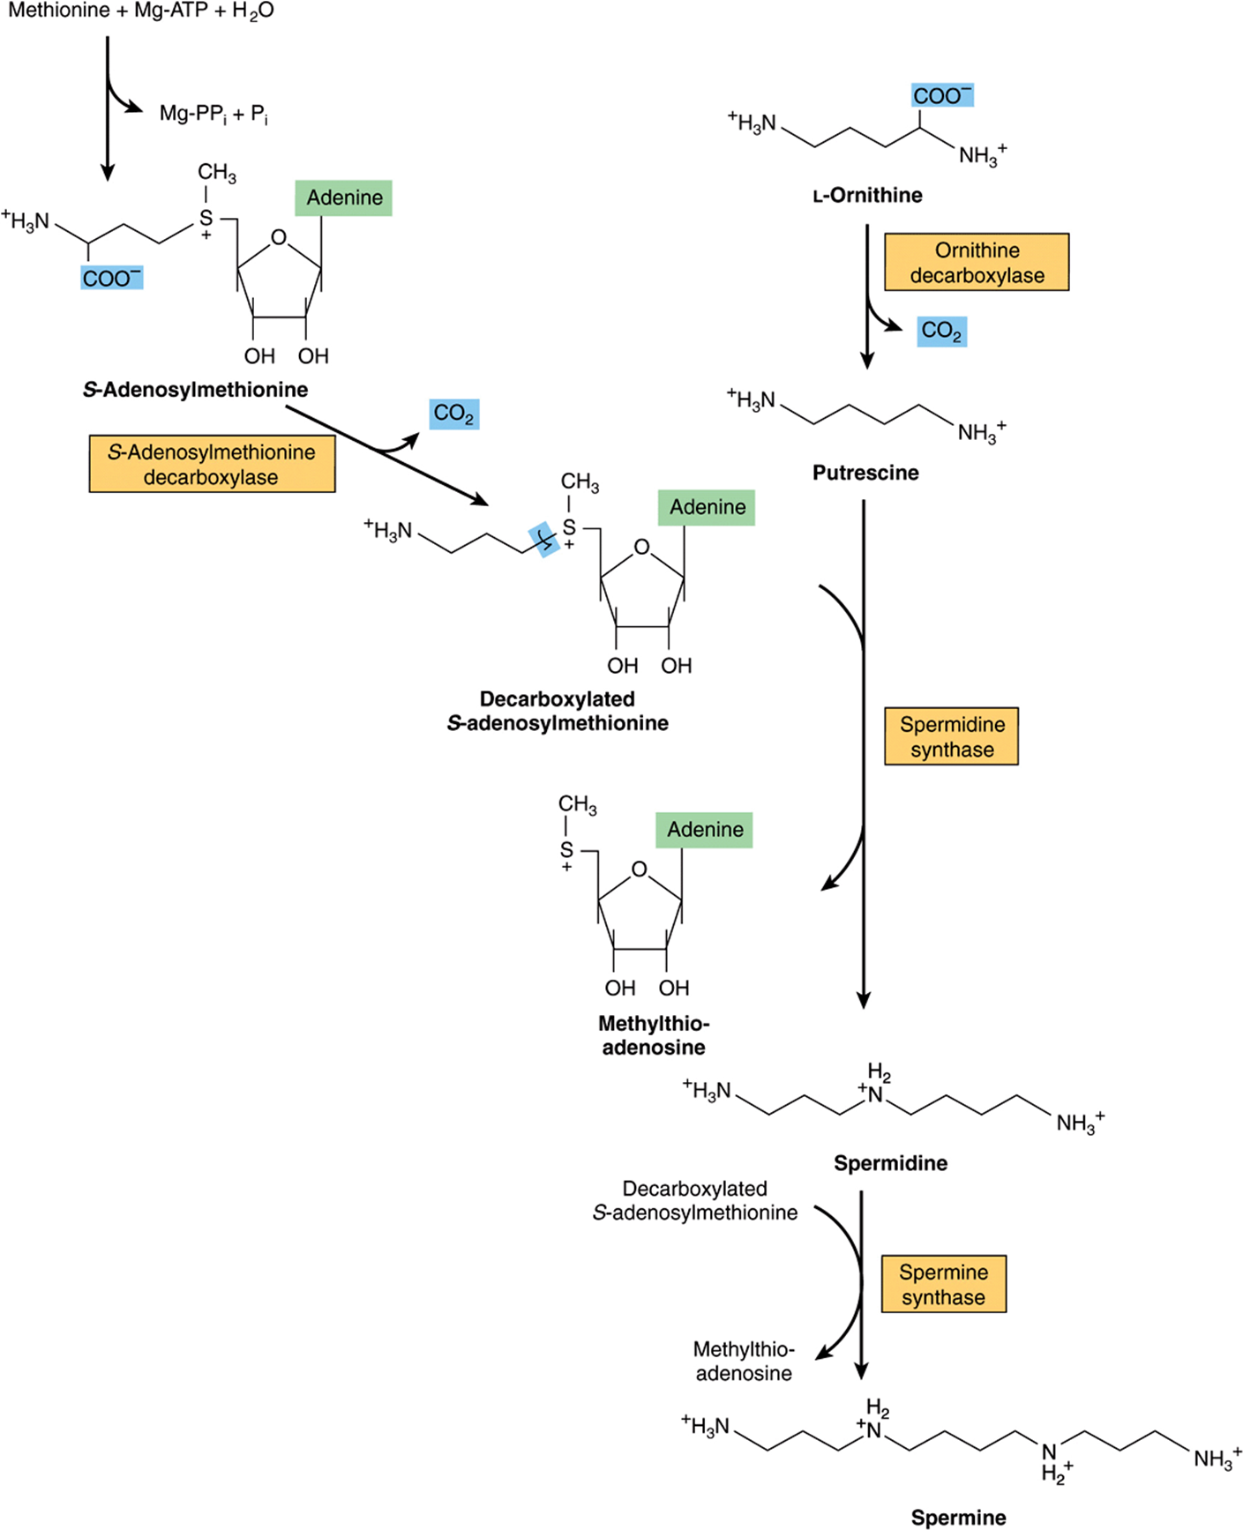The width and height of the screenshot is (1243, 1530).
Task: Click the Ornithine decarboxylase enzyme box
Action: coord(977,262)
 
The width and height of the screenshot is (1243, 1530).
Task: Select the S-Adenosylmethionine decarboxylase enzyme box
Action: coord(212,464)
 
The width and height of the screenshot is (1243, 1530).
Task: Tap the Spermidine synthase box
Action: coord(951,736)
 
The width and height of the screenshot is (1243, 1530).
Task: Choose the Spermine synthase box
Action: coord(943,1284)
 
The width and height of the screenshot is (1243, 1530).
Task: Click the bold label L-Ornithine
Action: coord(867,195)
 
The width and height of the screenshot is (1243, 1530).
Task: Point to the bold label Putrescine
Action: coord(865,473)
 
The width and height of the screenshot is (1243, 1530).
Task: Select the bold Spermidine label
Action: coord(890,1163)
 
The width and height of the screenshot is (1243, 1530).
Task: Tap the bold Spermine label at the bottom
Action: coord(958,1518)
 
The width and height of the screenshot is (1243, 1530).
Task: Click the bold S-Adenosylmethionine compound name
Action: coord(195,390)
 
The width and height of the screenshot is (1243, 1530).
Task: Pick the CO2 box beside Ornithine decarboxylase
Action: coord(941,331)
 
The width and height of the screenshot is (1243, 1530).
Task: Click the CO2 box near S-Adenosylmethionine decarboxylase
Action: coord(453,414)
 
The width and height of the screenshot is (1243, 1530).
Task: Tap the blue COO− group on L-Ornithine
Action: coord(942,95)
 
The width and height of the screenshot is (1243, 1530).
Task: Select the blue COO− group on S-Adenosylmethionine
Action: coord(111,278)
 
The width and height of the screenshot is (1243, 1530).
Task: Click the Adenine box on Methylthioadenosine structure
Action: coord(704,830)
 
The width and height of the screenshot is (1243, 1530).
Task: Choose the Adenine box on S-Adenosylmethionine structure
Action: coord(343,198)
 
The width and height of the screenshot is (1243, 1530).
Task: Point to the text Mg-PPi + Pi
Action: coord(213,114)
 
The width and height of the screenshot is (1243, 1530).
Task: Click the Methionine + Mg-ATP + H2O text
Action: coord(141,12)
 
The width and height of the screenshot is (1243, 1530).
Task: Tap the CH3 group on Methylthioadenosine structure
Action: coord(577,804)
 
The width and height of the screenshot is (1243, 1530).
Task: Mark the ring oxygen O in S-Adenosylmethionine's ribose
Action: coord(279,237)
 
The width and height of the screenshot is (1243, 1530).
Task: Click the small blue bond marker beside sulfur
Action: coord(543,540)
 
